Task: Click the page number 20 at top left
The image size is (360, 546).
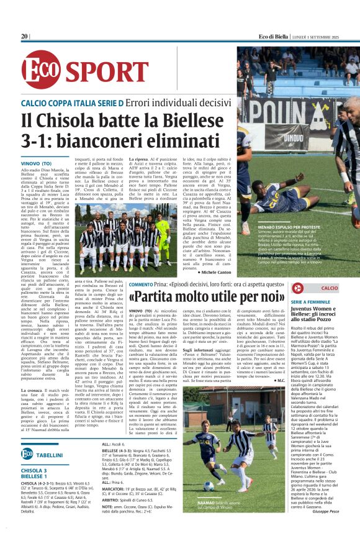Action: coord(25,36)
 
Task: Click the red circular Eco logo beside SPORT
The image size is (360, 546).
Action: coord(41,70)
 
